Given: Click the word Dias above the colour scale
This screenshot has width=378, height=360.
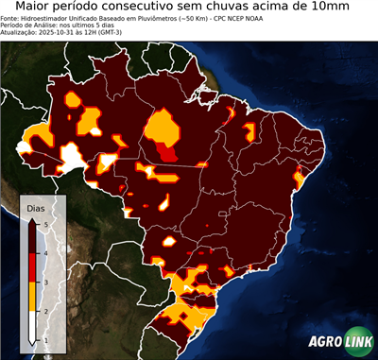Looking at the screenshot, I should point(35,205).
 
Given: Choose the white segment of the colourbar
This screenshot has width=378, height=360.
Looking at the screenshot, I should point(35,325).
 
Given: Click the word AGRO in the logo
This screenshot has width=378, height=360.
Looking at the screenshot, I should point(323,343).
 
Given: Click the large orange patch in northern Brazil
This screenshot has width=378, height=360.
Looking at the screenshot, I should point(164,128).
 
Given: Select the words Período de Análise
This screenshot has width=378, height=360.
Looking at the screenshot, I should point(29,26).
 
